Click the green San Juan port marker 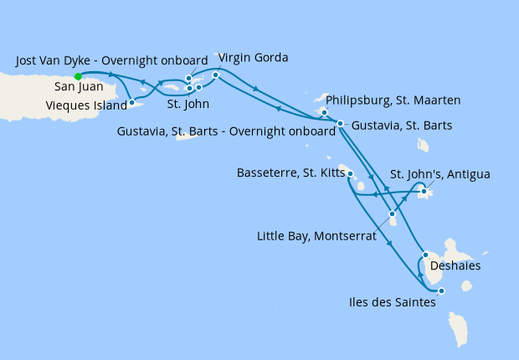[78, 75]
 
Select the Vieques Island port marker [132, 103]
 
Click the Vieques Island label [86, 106]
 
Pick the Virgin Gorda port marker [216, 75]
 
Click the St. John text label [188, 105]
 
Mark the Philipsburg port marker [324, 111]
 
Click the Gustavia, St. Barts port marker [340, 124]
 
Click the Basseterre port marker [350, 175]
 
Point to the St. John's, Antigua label [440, 174]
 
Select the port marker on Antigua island [424, 193]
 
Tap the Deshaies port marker [425, 255]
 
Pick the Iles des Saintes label [391, 303]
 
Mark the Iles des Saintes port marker [441, 291]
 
